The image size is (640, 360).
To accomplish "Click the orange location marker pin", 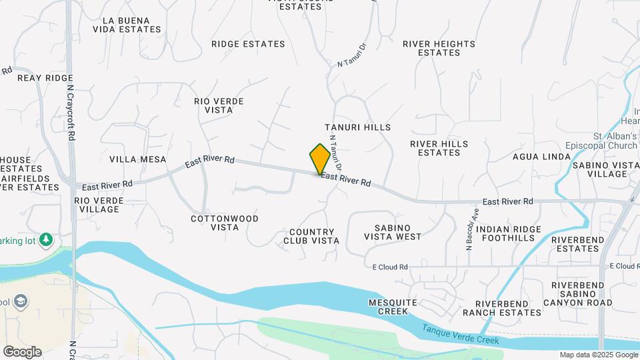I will coord(320,159).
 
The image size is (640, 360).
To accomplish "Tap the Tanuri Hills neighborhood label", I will coord(357,127).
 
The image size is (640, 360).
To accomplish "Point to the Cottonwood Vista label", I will coord(225,223).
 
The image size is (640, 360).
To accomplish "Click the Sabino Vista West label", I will coord(393,231).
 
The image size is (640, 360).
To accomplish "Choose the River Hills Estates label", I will coord(439,148).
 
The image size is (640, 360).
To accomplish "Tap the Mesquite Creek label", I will coord(393,307).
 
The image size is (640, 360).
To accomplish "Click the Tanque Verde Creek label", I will coord(461,335).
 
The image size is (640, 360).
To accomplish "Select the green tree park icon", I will coord(46,239).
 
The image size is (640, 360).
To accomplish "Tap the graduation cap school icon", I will coord(21,301).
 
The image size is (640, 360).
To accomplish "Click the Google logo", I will coord(22,352).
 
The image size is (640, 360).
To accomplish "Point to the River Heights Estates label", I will coord(439,48).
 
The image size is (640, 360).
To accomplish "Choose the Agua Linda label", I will coord(541,157).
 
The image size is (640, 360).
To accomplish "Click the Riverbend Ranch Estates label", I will coord(494,308).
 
